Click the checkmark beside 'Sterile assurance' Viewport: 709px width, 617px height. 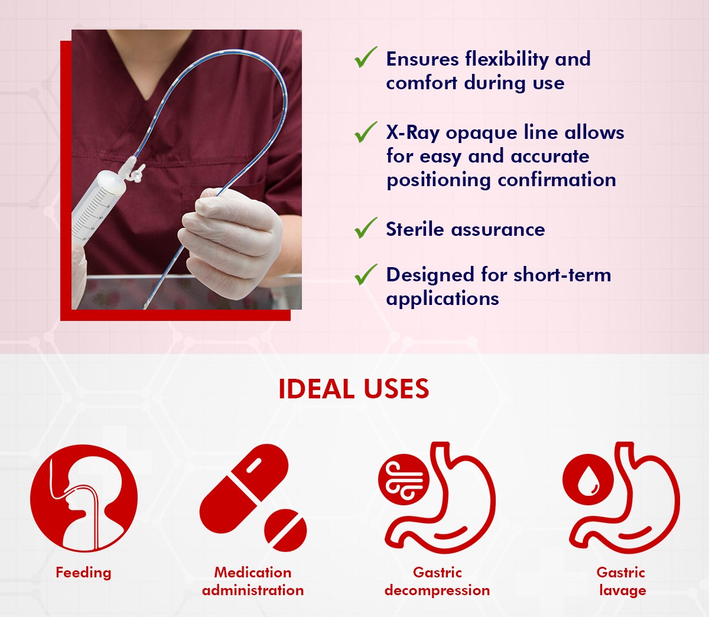(x=365, y=228)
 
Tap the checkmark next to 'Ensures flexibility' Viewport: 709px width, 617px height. (x=365, y=57)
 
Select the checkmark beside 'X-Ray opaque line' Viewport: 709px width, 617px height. (x=365, y=132)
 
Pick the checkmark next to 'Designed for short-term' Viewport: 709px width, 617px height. (x=365, y=275)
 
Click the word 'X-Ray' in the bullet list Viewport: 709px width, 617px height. (x=413, y=133)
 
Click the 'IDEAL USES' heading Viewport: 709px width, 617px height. (x=354, y=389)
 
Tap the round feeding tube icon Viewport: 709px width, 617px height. (x=84, y=498)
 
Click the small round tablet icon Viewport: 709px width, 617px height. (x=285, y=530)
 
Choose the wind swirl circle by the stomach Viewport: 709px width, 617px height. (x=404, y=479)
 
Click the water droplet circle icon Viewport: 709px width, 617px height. (x=588, y=479)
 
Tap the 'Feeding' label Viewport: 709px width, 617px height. (x=83, y=573)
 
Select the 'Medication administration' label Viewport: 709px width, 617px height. (x=253, y=582)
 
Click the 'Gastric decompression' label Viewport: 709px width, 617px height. (x=437, y=582)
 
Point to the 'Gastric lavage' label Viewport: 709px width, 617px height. (x=622, y=582)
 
